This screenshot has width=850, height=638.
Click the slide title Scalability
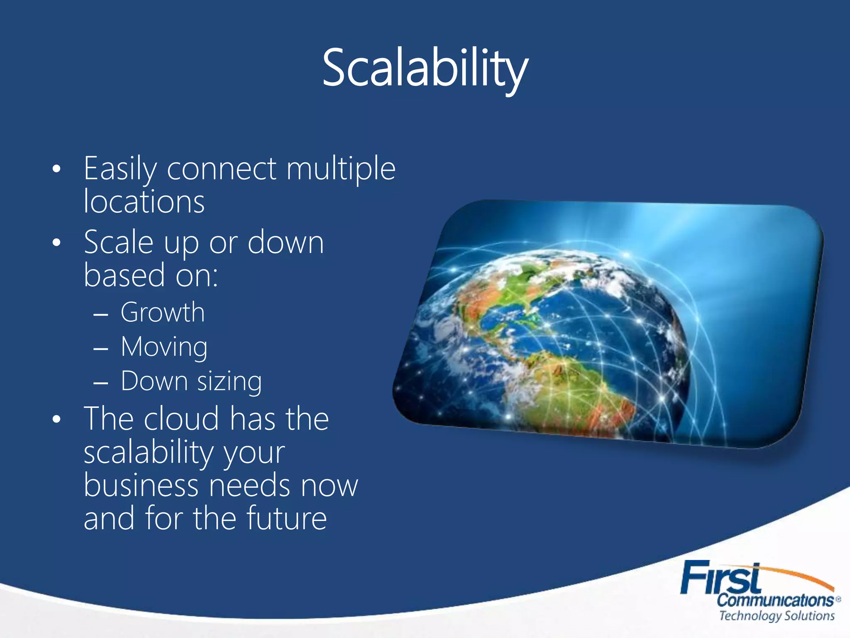(425, 69)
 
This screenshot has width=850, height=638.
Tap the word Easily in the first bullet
(120, 169)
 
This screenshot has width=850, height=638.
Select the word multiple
(341, 169)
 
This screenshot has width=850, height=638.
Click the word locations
(144, 202)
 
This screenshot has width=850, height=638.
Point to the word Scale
(119, 243)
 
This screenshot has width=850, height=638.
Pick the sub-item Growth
(163, 312)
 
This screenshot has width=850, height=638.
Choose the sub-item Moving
(164, 347)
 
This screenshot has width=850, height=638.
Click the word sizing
(229, 382)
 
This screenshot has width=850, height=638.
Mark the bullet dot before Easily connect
(57, 169)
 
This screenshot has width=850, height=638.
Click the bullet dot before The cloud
(57, 420)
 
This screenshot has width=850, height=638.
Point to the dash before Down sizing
(101, 383)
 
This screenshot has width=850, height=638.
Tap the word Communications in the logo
(775, 600)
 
